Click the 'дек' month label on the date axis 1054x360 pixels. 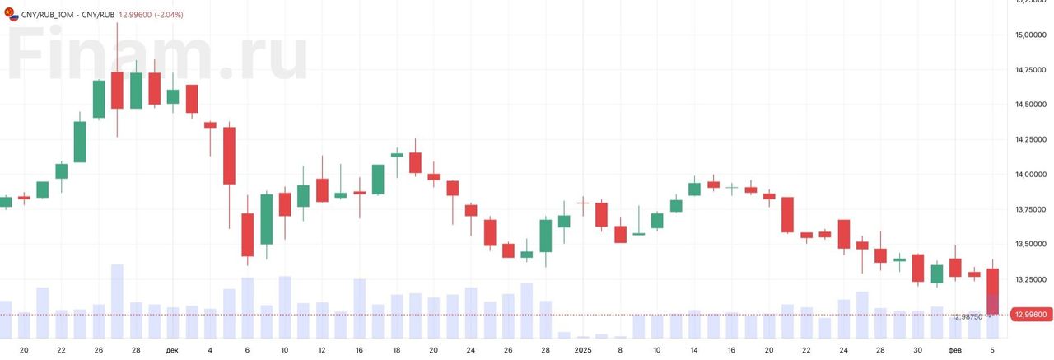171,350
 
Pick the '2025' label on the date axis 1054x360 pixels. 582,350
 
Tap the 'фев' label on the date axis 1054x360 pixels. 955,350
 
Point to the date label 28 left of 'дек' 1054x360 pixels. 136,350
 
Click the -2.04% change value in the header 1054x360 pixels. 168,15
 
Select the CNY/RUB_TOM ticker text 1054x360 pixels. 48,15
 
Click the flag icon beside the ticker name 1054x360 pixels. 10,15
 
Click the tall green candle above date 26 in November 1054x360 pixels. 99,99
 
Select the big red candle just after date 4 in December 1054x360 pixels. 229,155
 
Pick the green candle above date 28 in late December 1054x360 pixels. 545,236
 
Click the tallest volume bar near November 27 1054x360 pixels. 117,301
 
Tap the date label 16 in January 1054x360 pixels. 731,350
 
